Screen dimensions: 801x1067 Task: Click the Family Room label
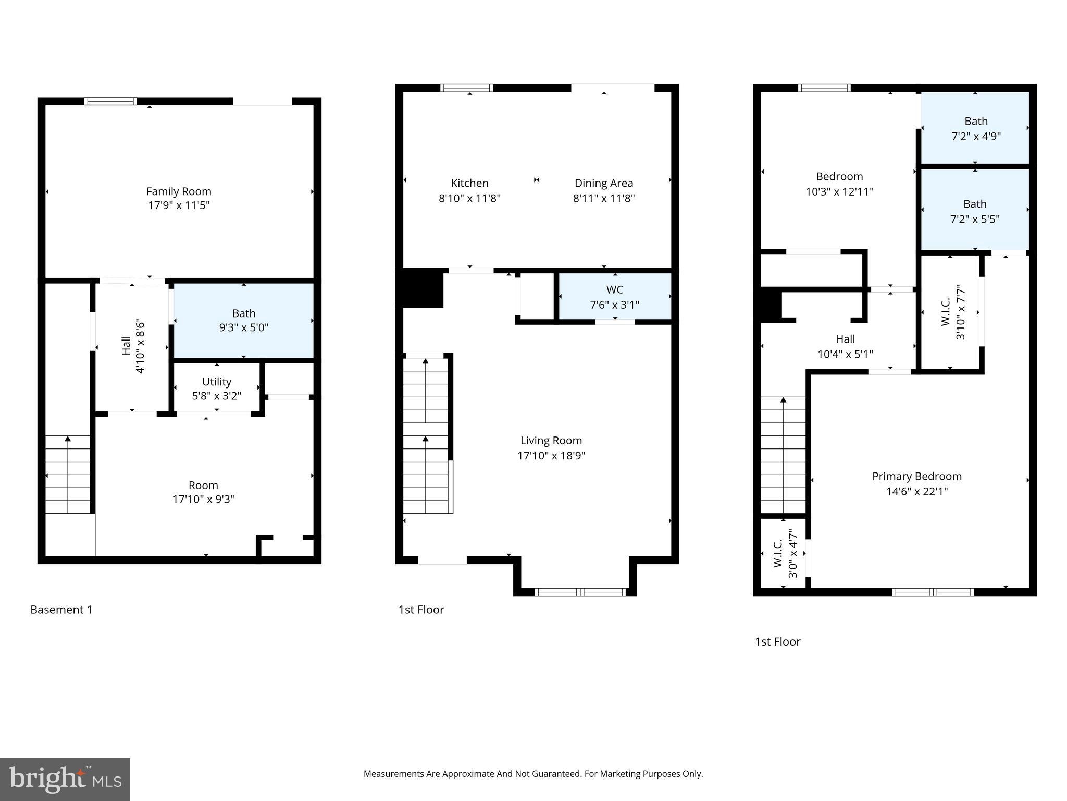coord(179,191)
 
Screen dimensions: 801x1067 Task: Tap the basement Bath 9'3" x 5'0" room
coord(243,320)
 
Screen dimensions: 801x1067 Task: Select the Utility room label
coord(216,382)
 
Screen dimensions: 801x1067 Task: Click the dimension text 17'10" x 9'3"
coord(203,500)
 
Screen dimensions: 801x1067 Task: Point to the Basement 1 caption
coord(61,610)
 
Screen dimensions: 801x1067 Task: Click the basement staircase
coord(68,475)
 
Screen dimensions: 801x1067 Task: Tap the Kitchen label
coord(469,183)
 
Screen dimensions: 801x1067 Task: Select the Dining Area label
coord(603,183)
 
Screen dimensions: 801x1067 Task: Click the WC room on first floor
coord(615,296)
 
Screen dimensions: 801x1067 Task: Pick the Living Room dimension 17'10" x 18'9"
coord(551,456)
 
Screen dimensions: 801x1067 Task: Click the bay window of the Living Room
coord(580,592)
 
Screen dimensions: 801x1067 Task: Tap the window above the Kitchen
coord(466,88)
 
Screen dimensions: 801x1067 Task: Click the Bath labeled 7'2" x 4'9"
coord(975,128)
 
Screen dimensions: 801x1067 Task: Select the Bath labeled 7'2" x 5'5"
coord(974,211)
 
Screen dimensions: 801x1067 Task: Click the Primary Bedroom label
coord(916,476)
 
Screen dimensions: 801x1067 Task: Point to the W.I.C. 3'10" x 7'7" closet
coord(951,312)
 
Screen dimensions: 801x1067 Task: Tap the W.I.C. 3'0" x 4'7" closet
coord(783,554)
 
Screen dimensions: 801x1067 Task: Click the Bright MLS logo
coord(65,779)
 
